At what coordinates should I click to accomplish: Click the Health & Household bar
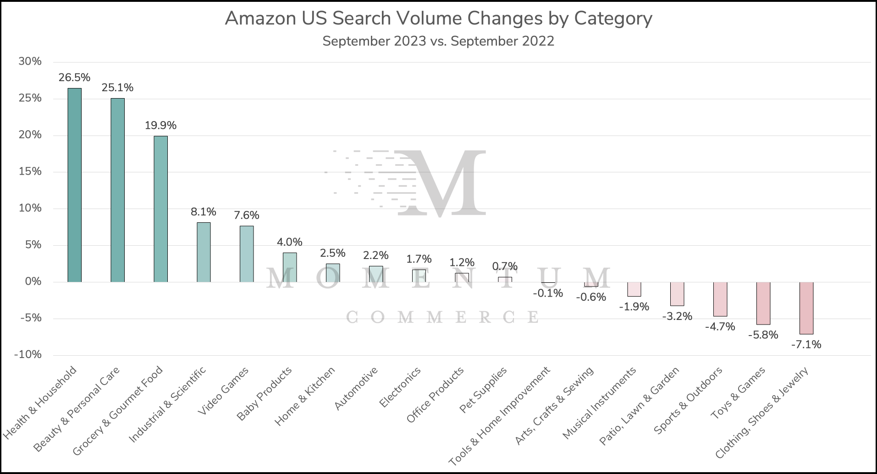[74, 185]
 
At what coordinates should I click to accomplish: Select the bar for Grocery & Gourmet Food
[160, 209]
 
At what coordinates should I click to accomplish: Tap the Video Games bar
[247, 254]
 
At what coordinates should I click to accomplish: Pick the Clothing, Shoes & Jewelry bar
[806, 308]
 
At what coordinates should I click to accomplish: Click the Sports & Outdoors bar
[720, 299]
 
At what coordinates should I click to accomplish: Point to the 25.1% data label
[117, 88]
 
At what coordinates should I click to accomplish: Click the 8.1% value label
[204, 212]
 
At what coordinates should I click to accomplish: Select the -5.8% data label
[763, 335]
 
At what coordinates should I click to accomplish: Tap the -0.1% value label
[548, 293]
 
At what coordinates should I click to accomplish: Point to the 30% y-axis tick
[30, 61]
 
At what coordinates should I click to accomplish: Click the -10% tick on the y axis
[28, 355]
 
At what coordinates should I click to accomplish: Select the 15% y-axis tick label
[30, 171]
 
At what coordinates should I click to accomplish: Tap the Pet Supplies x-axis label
[484, 389]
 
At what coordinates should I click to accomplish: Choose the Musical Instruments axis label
[600, 402]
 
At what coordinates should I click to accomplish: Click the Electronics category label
[400, 387]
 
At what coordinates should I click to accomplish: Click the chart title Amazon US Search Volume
[438, 18]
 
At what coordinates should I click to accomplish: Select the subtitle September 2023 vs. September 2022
[438, 41]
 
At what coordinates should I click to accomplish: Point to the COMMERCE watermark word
[442, 317]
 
